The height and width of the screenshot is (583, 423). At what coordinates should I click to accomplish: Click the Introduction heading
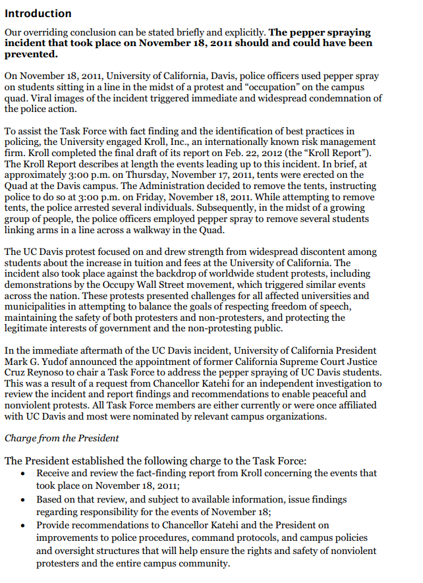coord(38,13)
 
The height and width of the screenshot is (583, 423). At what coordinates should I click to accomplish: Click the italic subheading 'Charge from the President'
coord(62,438)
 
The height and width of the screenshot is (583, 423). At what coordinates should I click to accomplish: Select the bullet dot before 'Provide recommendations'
coord(24,526)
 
